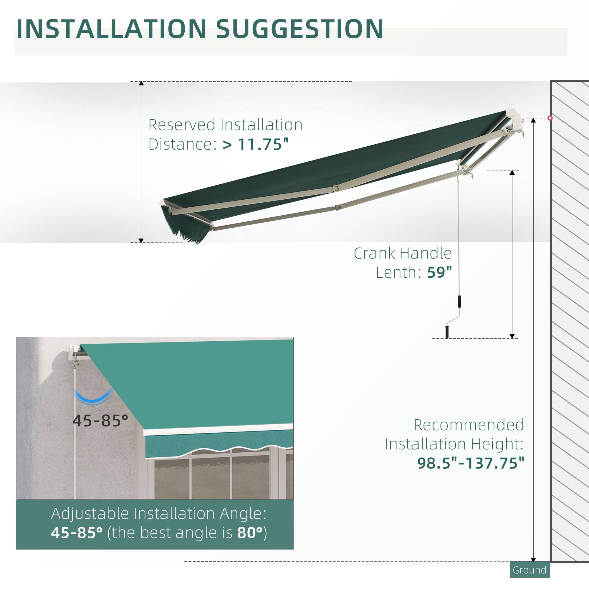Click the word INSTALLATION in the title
[x=111, y=29]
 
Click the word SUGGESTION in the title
[x=300, y=29]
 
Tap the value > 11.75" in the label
[x=255, y=144]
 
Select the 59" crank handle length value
[x=439, y=272]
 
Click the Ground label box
[x=530, y=570]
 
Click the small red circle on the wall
[x=550, y=118]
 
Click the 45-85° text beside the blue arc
[x=100, y=421]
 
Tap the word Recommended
[x=469, y=425]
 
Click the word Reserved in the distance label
[x=182, y=125]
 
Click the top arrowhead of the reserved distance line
[x=141, y=83]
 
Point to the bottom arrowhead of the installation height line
[x=533, y=560]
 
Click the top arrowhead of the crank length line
[x=512, y=172]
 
